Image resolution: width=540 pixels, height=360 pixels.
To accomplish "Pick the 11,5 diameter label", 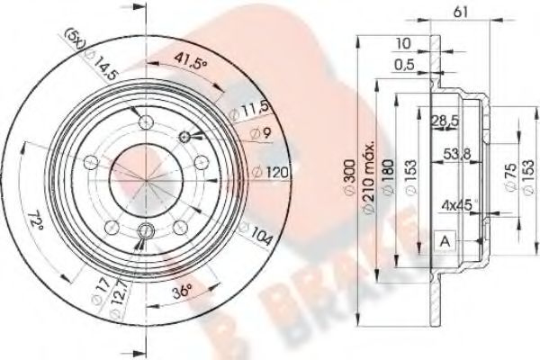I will click(x=256, y=112).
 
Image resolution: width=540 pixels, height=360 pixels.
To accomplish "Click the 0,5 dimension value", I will click(x=404, y=64).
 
